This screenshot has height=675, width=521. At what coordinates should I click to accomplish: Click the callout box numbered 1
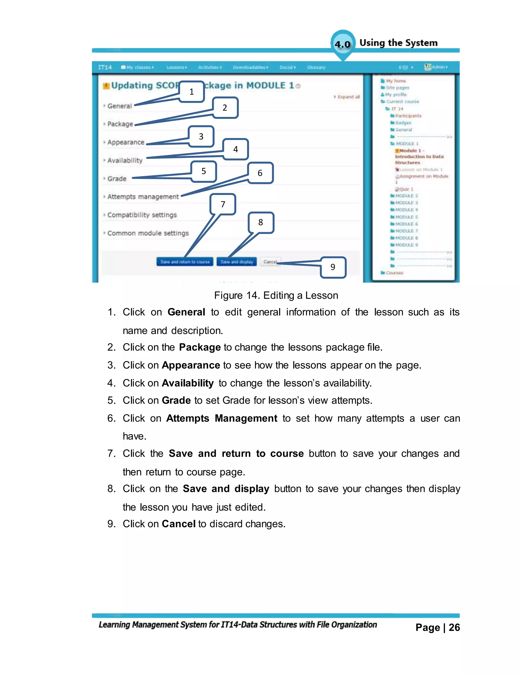coord(192,91)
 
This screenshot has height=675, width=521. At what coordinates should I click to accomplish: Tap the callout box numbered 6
coord(260,173)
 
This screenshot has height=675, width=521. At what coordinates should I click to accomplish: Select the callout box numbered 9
coord(333,267)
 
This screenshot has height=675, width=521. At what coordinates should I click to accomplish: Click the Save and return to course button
coord(185,262)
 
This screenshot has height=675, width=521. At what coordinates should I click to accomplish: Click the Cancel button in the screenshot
coord(270,262)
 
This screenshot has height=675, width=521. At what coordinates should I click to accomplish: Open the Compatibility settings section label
coord(142,215)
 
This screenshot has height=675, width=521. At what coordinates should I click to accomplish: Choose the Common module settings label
coord(148,233)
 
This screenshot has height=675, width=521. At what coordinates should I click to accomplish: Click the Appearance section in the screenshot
coord(126,142)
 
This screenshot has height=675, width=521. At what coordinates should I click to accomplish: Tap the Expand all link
coord(349,97)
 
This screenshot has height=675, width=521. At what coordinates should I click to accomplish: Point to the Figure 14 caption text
coord(276,295)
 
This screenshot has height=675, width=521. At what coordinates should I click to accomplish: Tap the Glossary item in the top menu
coord(316,67)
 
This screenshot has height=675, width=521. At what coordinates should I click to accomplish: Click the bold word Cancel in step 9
coord(178,524)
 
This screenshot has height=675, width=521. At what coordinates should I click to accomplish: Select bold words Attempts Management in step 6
coord(221,418)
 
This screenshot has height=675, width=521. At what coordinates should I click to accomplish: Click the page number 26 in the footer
coord(454,627)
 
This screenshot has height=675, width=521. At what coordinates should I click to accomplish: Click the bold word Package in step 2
coord(200,347)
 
